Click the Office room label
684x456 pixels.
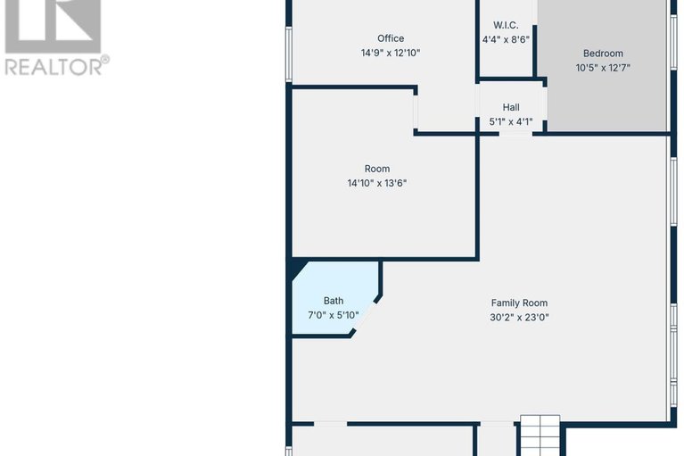391,38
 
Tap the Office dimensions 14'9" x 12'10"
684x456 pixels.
391,54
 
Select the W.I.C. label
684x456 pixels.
506,25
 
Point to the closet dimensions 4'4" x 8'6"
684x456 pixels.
506,40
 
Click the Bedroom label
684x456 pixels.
603,54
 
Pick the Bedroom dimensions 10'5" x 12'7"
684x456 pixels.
603,69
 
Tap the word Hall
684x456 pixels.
511,107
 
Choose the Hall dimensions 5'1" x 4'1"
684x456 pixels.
511,122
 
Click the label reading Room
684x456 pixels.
377,169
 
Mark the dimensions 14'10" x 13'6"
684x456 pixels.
377,184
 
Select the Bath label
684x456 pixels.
334,301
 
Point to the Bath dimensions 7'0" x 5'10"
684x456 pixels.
334,316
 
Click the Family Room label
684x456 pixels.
519,303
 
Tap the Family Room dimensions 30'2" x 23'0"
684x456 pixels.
519,318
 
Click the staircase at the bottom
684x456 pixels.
540,436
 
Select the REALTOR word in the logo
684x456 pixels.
54,65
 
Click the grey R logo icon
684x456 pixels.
54,23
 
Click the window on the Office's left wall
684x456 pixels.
289,54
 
